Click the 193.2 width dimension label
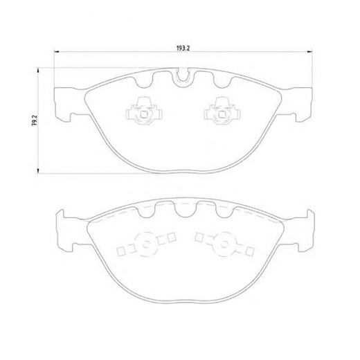(x=183, y=48)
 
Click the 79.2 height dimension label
(x=33, y=121)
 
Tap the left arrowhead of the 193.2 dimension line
(x=57, y=52)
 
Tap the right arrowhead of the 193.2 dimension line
(x=309, y=52)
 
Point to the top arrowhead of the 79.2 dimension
(x=38, y=71)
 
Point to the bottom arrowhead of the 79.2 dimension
(x=38, y=170)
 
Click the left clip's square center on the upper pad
(x=144, y=114)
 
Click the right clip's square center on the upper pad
(x=222, y=114)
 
